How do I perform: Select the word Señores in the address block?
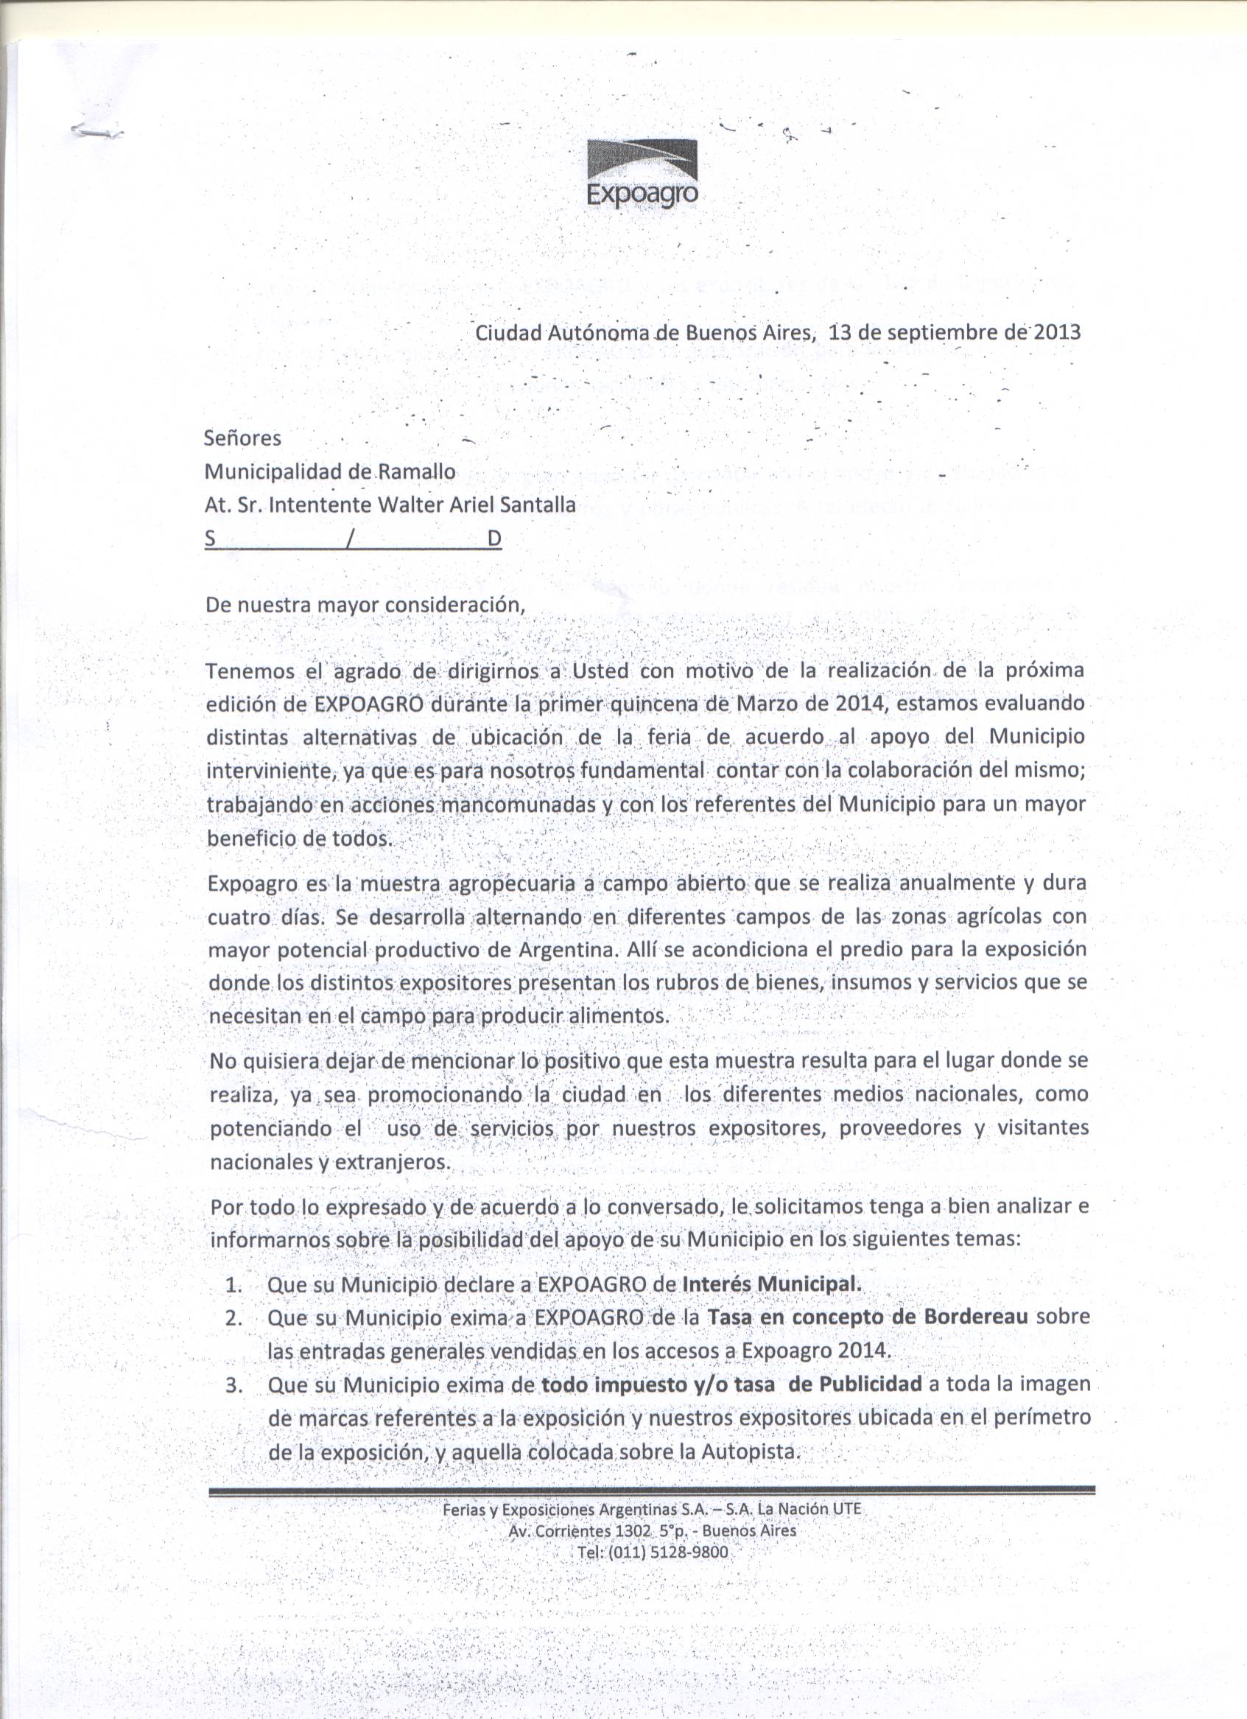242,438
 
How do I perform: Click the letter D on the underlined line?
494,539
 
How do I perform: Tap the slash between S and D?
348,539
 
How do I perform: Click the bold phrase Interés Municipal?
772,1285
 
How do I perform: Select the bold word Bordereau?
976,1317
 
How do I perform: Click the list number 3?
233,1385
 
